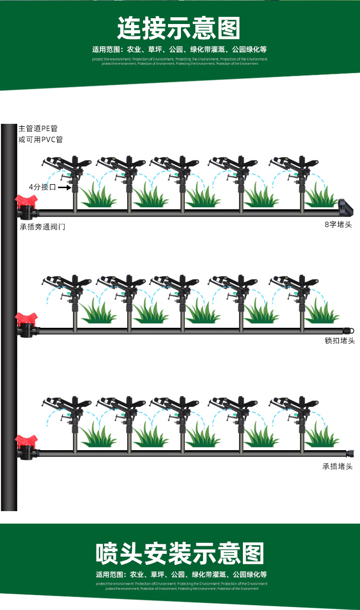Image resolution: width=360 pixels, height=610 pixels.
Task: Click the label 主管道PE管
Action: [38, 129]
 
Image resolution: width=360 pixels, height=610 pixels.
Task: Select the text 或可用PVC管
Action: [40, 140]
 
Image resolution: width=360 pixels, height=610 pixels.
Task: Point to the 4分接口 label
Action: [42, 187]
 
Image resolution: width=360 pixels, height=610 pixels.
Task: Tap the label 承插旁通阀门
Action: [42, 227]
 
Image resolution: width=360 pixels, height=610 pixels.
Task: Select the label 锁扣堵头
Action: [339, 341]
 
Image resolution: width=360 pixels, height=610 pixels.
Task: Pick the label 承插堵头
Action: [337, 466]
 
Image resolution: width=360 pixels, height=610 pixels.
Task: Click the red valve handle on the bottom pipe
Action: [25, 440]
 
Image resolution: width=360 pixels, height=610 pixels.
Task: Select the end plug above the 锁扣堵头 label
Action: [348, 330]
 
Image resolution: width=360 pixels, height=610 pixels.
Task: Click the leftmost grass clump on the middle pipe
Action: [96, 312]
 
